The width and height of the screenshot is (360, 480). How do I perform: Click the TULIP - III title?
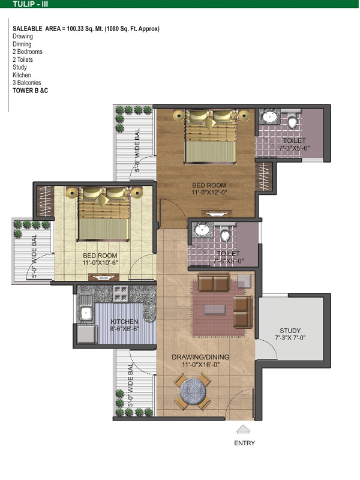click(31, 4)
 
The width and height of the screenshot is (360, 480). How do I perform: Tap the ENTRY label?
click(244, 443)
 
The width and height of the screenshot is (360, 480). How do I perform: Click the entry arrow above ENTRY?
click(244, 429)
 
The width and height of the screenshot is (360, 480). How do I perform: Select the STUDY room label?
click(290, 331)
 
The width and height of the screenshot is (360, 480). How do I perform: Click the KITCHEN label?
click(124, 322)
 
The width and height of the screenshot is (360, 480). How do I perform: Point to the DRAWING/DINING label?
click(200, 357)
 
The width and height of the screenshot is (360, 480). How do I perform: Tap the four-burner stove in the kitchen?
click(121, 293)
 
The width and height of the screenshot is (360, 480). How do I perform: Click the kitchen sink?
click(86, 313)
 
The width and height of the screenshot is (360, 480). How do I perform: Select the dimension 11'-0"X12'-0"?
click(209, 193)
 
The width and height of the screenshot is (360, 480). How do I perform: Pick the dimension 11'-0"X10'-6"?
click(100, 263)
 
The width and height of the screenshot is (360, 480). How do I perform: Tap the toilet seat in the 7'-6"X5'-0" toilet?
click(226, 235)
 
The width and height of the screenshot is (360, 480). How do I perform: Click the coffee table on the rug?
click(215, 310)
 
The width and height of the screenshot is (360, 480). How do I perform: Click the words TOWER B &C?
click(31, 91)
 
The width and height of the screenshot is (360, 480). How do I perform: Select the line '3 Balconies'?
click(26, 83)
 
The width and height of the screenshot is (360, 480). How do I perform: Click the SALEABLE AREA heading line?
click(86, 29)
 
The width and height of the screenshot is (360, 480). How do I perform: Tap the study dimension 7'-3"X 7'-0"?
click(290, 338)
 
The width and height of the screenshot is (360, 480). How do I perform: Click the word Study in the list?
click(20, 67)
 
